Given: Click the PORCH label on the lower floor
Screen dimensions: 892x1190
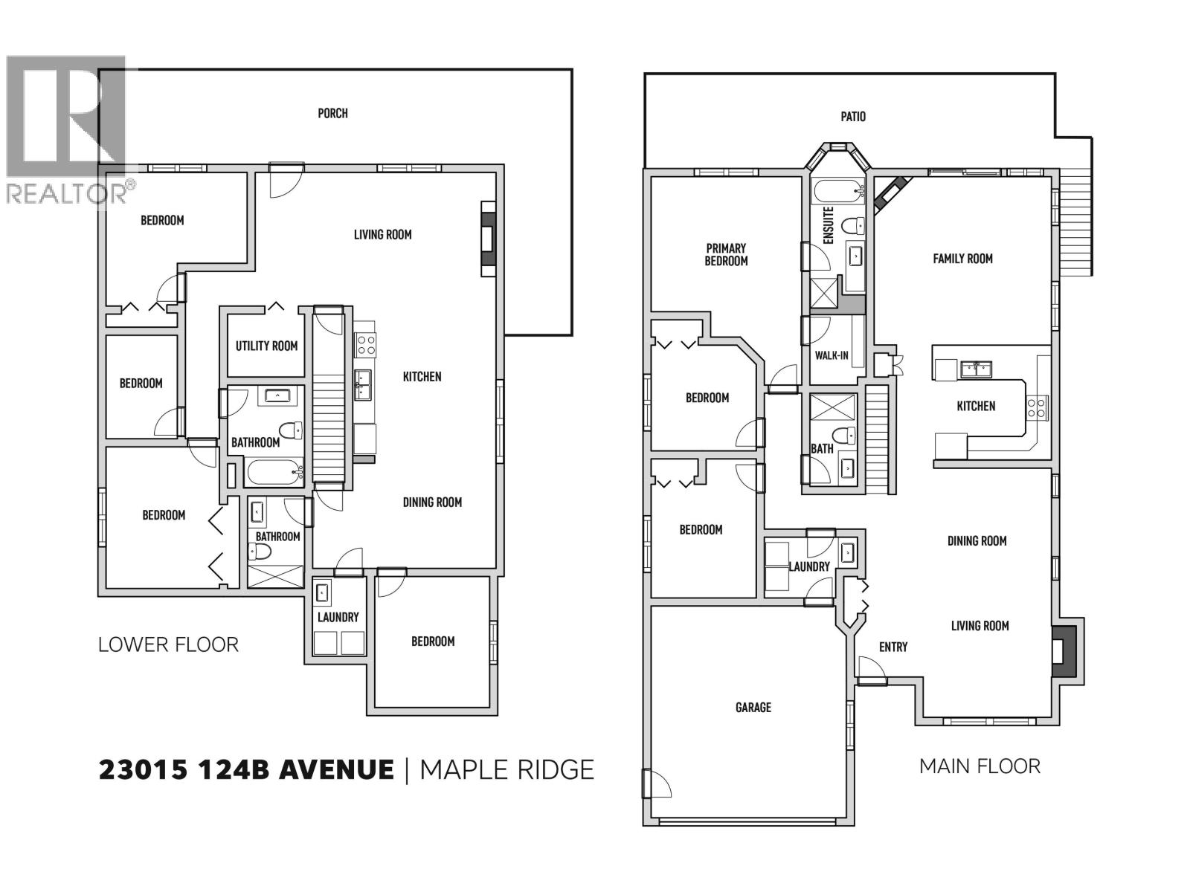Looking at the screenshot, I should point(332,113).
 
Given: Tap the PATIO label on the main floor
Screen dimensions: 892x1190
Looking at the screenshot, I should point(853,117).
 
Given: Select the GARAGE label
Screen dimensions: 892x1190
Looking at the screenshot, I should point(753,707).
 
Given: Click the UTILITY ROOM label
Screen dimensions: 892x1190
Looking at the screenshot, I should point(266,346).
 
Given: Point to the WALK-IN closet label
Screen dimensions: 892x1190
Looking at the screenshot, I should point(831,355).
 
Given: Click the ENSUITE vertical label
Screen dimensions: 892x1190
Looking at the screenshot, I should point(829,225).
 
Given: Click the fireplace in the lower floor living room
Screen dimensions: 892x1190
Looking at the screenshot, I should point(488,239).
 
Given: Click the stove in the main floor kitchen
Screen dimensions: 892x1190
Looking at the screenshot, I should point(1037,407).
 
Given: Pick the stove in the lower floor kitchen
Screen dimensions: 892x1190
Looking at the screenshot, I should point(365,344).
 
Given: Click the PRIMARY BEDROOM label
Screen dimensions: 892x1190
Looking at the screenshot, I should point(726,254).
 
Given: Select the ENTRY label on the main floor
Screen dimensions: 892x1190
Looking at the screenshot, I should point(892,647).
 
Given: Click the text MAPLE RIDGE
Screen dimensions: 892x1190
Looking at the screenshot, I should point(507,769).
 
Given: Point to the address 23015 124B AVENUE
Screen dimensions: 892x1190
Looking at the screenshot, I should point(246,769).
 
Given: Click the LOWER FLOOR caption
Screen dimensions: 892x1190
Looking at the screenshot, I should point(168,644).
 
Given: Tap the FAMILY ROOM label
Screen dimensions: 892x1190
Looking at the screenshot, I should point(962,259).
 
